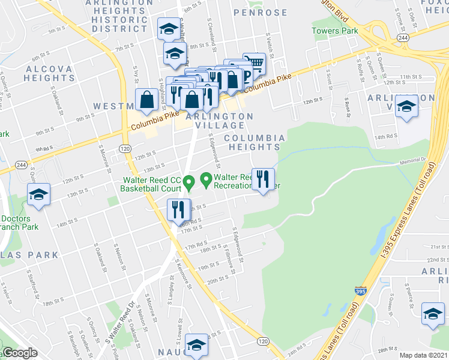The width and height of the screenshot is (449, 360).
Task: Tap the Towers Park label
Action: coord(334,31)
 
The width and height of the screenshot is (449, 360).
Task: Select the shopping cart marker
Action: coord(255,64)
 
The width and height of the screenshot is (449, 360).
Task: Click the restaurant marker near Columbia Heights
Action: coord(263,179)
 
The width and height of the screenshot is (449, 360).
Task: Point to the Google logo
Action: coord(19,353)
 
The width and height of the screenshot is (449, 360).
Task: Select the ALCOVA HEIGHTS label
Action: coord(49,74)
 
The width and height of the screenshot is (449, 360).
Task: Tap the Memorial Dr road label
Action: coord(412,161)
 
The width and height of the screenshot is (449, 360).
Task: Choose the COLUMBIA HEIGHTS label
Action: coord(255,142)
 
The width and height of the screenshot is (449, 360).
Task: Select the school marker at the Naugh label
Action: coord(196,345)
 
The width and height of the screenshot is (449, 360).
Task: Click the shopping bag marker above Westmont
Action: coord(146,101)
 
